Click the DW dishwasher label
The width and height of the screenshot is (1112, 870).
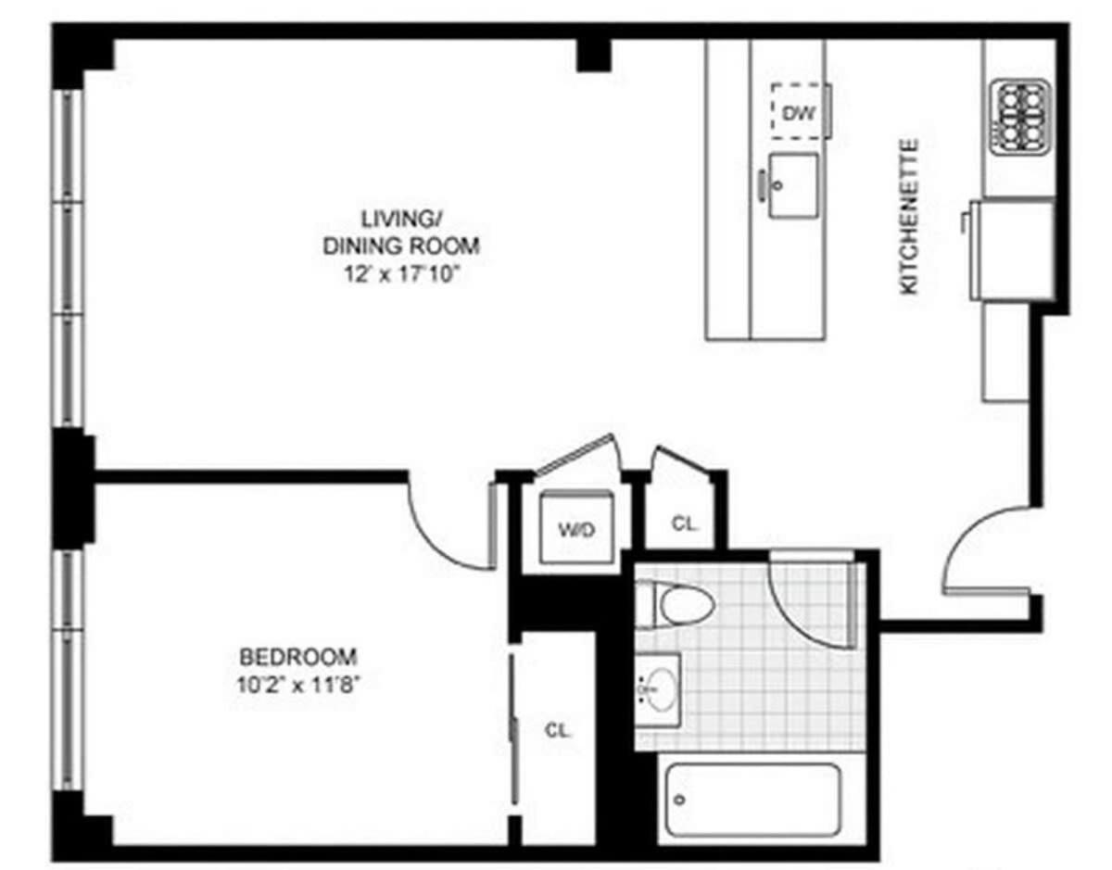point(798,114)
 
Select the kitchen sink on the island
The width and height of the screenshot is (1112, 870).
point(792,185)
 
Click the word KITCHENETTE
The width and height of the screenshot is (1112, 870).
point(909,217)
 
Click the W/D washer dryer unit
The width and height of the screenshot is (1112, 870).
point(576,527)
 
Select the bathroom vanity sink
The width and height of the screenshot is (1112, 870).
point(658,689)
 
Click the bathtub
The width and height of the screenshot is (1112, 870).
point(752,806)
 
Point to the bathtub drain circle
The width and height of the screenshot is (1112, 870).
point(680,800)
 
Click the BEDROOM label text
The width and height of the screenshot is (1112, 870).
point(298,657)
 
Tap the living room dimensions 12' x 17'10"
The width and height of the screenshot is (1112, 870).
point(400,274)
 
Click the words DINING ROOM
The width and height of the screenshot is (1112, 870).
point(401,246)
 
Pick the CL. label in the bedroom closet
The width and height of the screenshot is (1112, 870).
point(558,730)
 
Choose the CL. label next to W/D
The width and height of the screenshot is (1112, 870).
point(685,523)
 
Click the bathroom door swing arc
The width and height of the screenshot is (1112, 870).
point(792,620)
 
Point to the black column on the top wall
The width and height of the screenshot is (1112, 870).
point(594,56)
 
